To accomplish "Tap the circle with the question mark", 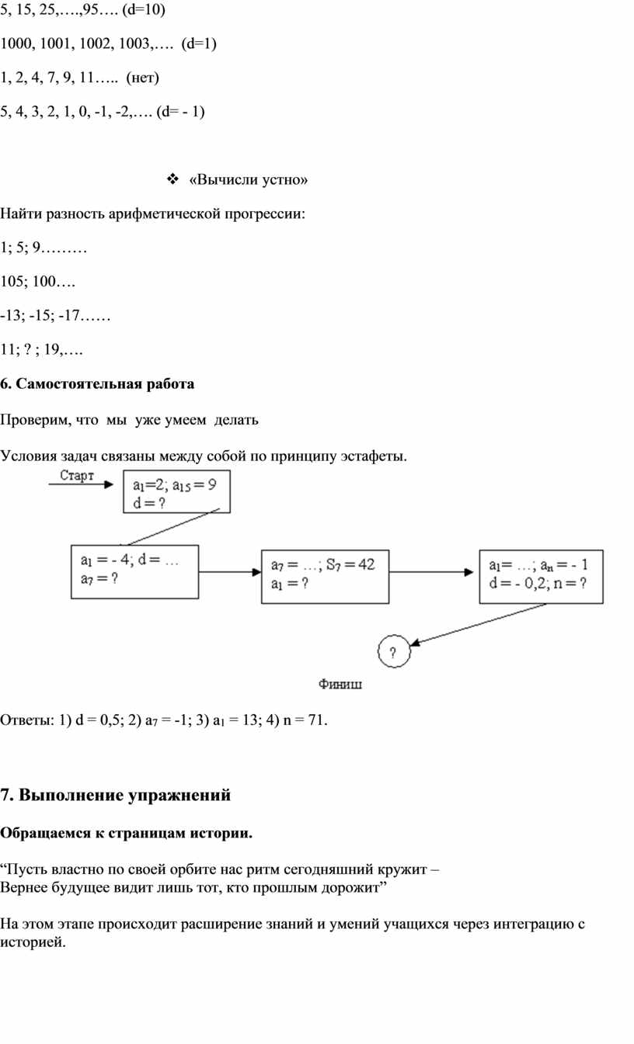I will pyautogui.click(x=393, y=651).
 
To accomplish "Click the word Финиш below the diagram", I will pyautogui.click(x=340, y=685).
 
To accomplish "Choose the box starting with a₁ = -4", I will pyautogui.click(x=134, y=569).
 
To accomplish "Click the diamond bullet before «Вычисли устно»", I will pyautogui.click(x=172, y=180).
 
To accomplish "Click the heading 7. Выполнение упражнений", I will pyautogui.click(x=116, y=795).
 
